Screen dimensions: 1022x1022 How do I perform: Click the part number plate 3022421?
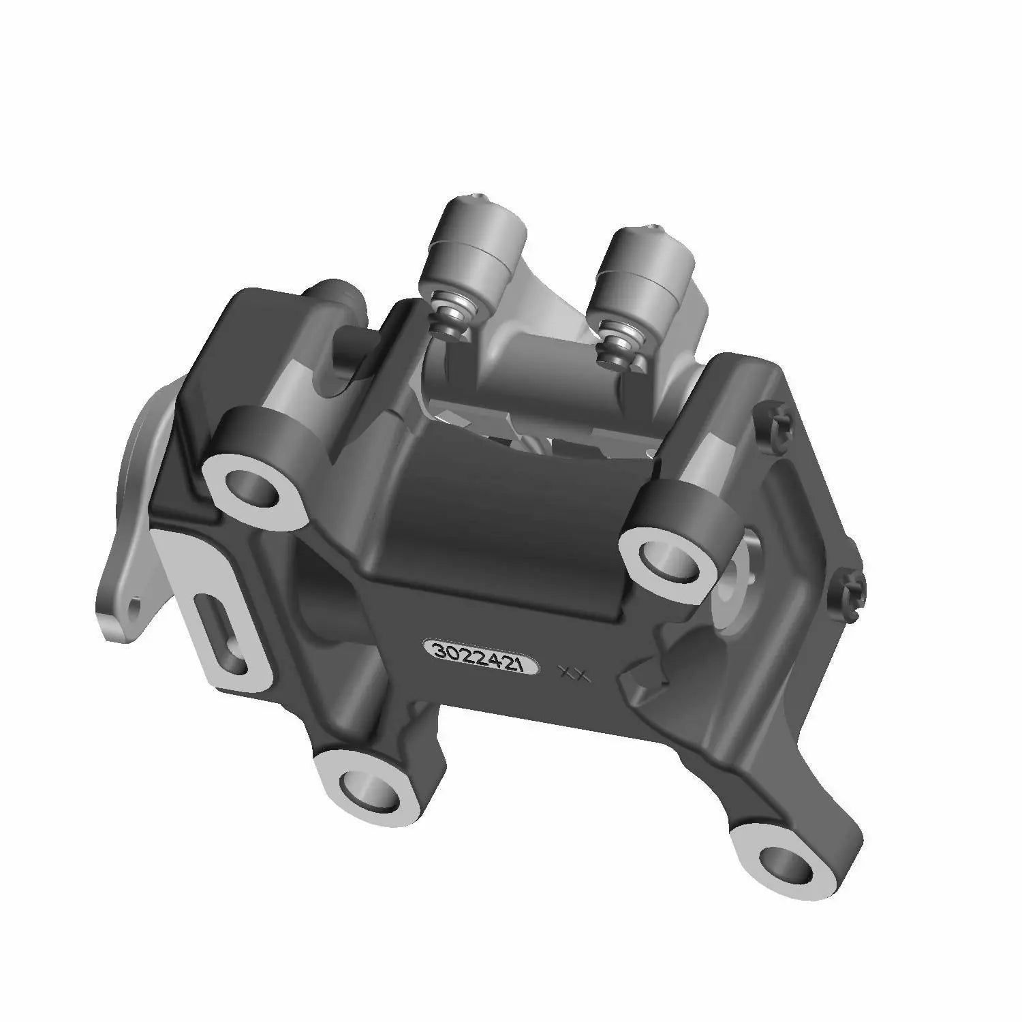tap(481, 657)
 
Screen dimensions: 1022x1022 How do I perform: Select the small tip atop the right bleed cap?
tap(654, 228)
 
